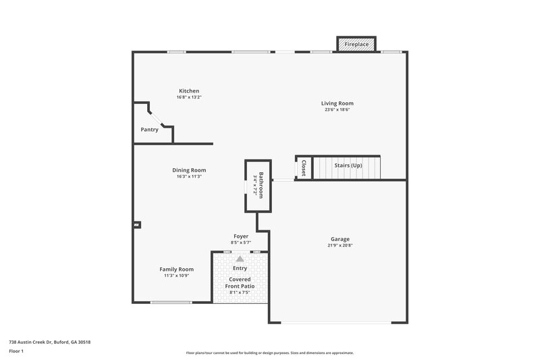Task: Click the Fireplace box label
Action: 356,44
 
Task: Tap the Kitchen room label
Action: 189,91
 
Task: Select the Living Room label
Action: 337,103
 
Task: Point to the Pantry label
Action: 150,130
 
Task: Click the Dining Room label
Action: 190,170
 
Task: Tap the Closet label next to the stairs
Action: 304,168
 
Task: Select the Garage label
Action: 340,239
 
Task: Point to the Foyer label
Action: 241,236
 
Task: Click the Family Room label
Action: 177,269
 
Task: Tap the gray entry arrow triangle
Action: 240,258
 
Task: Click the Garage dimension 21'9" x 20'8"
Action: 340,246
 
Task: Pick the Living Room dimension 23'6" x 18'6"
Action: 337,110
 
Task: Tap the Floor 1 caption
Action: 16,351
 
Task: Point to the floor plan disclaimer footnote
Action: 270,353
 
